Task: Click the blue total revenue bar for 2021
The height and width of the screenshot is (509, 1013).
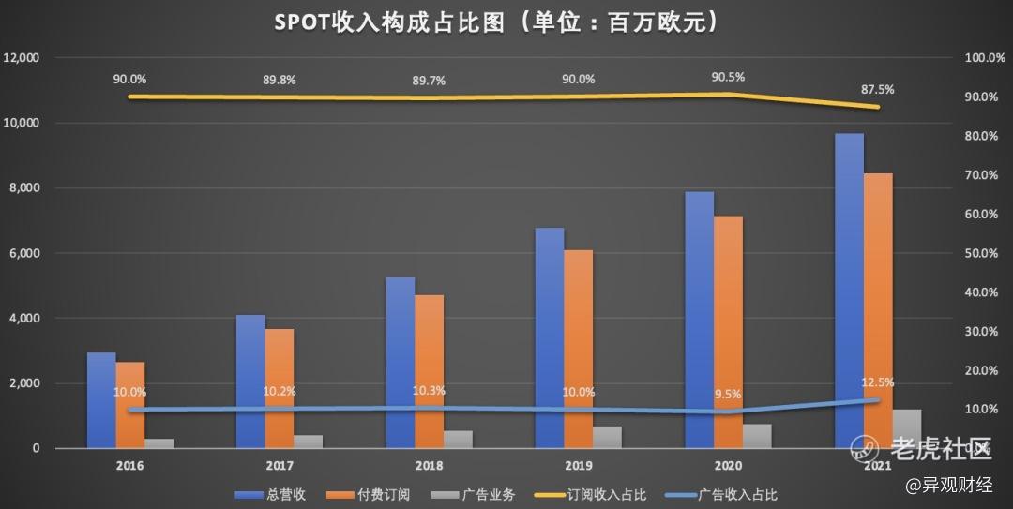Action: [x=849, y=291]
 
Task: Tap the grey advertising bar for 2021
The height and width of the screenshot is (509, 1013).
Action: [x=907, y=429]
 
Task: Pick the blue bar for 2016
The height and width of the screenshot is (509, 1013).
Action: [x=101, y=400]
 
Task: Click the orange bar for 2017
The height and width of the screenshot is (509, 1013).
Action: [x=280, y=388]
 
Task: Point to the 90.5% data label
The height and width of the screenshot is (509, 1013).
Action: [x=728, y=77]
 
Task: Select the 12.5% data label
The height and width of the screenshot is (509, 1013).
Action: [x=877, y=382]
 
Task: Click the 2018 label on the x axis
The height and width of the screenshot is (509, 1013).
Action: [x=429, y=465]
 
